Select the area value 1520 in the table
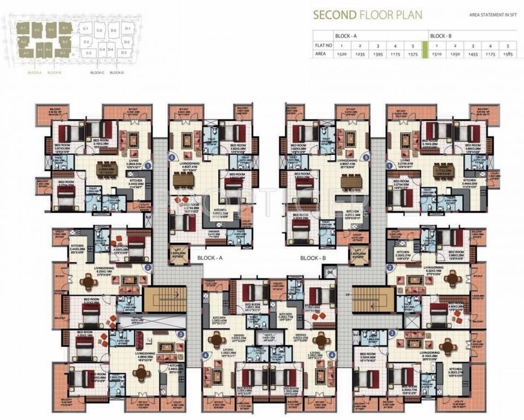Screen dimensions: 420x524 pyautogui.click(x=342, y=55)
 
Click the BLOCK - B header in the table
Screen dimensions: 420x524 pyautogui.click(x=441, y=36)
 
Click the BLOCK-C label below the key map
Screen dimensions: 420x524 pyautogui.click(x=97, y=72)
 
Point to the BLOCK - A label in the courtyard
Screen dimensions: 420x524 pyautogui.click(x=207, y=257)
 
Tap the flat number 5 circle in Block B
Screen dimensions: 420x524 pyautogui.click(x=367, y=157)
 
